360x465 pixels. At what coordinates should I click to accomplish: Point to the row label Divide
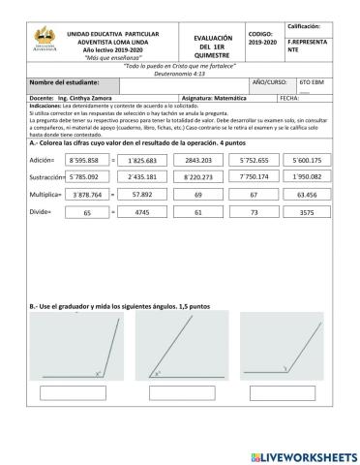41,212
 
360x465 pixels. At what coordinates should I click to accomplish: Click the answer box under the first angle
73,393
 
